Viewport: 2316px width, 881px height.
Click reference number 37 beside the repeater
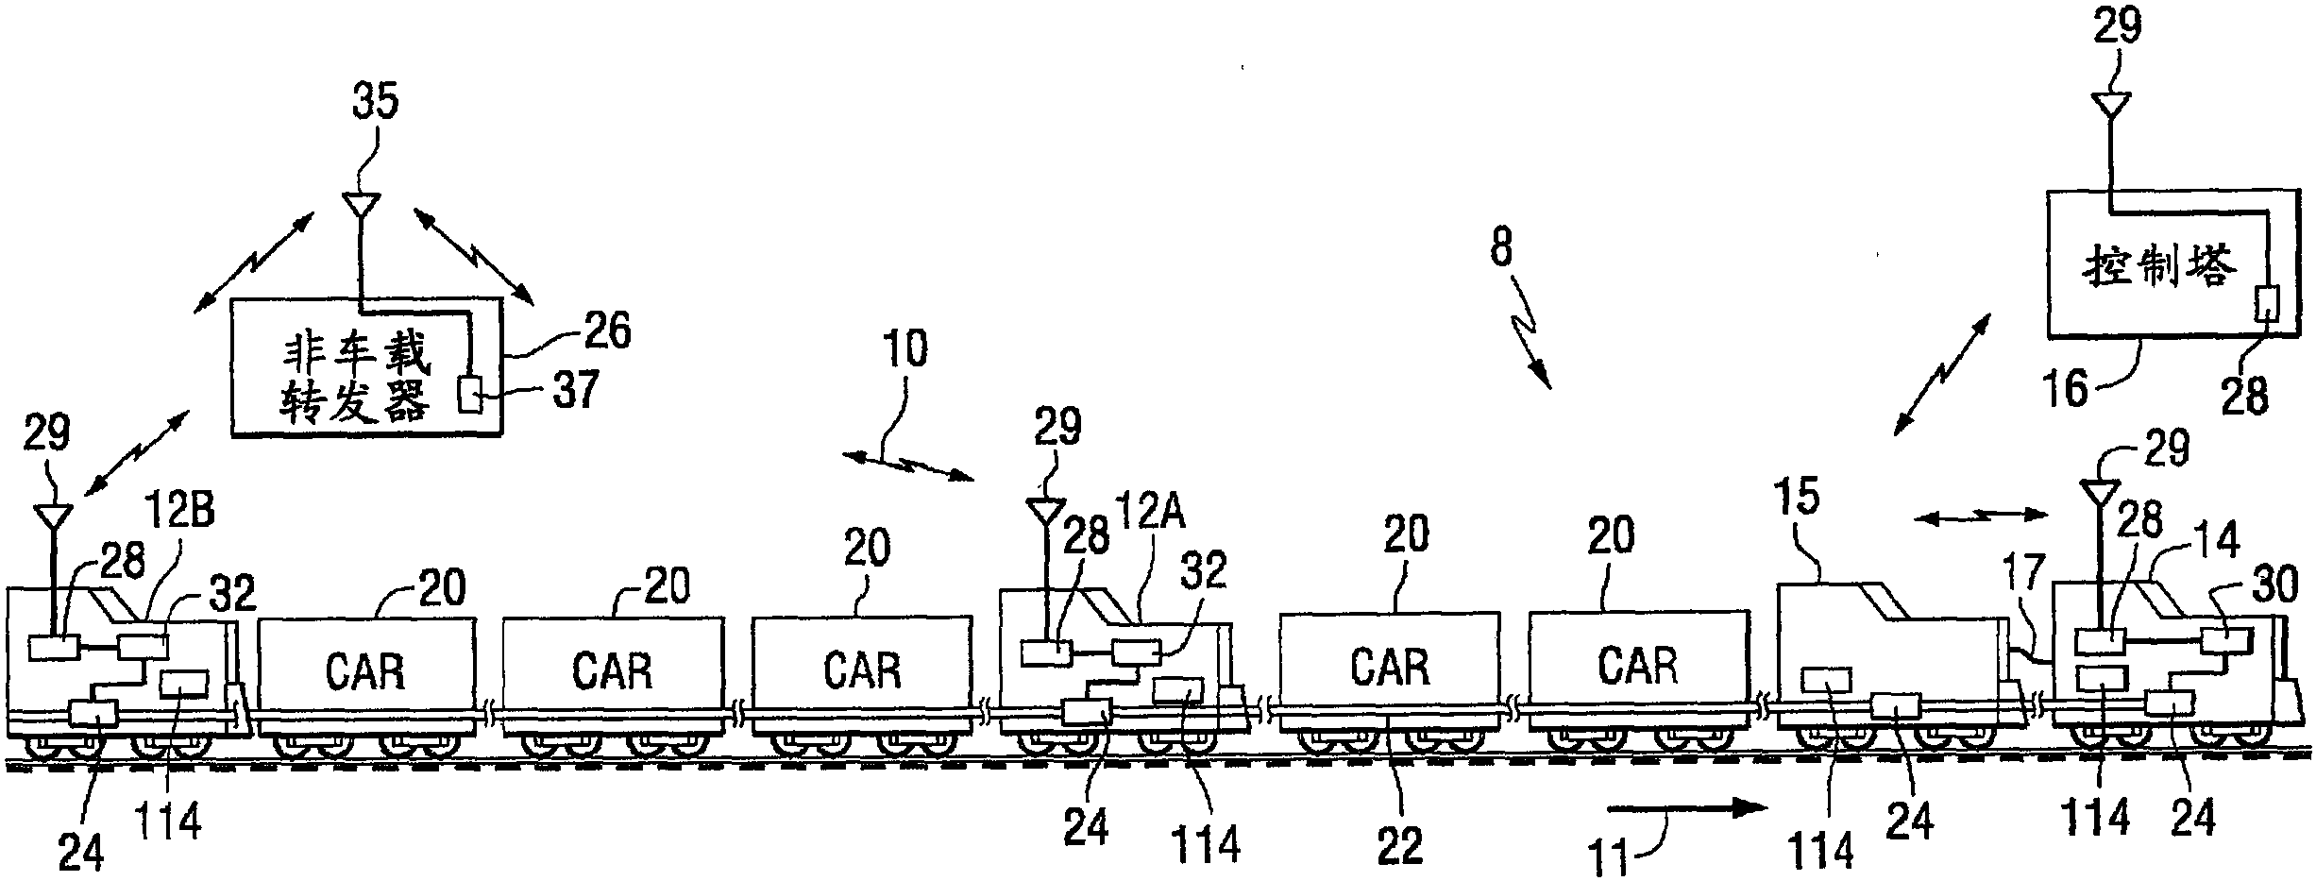(575, 389)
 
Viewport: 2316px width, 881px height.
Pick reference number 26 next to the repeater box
(606, 331)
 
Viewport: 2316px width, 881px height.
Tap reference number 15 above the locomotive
(1795, 498)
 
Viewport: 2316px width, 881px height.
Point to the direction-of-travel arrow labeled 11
(1685, 807)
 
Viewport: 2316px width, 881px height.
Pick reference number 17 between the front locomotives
(2022, 573)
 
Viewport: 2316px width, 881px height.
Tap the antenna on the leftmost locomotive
(53, 516)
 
